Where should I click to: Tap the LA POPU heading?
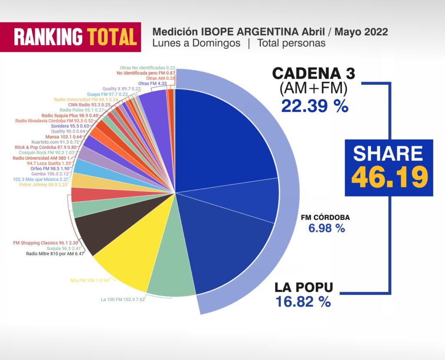(304, 287)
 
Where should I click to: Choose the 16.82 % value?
(303, 302)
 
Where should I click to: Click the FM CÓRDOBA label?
(325, 218)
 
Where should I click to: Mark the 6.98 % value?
(326, 228)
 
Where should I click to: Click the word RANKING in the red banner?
(48, 37)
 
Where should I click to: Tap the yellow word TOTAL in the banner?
(112, 37)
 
